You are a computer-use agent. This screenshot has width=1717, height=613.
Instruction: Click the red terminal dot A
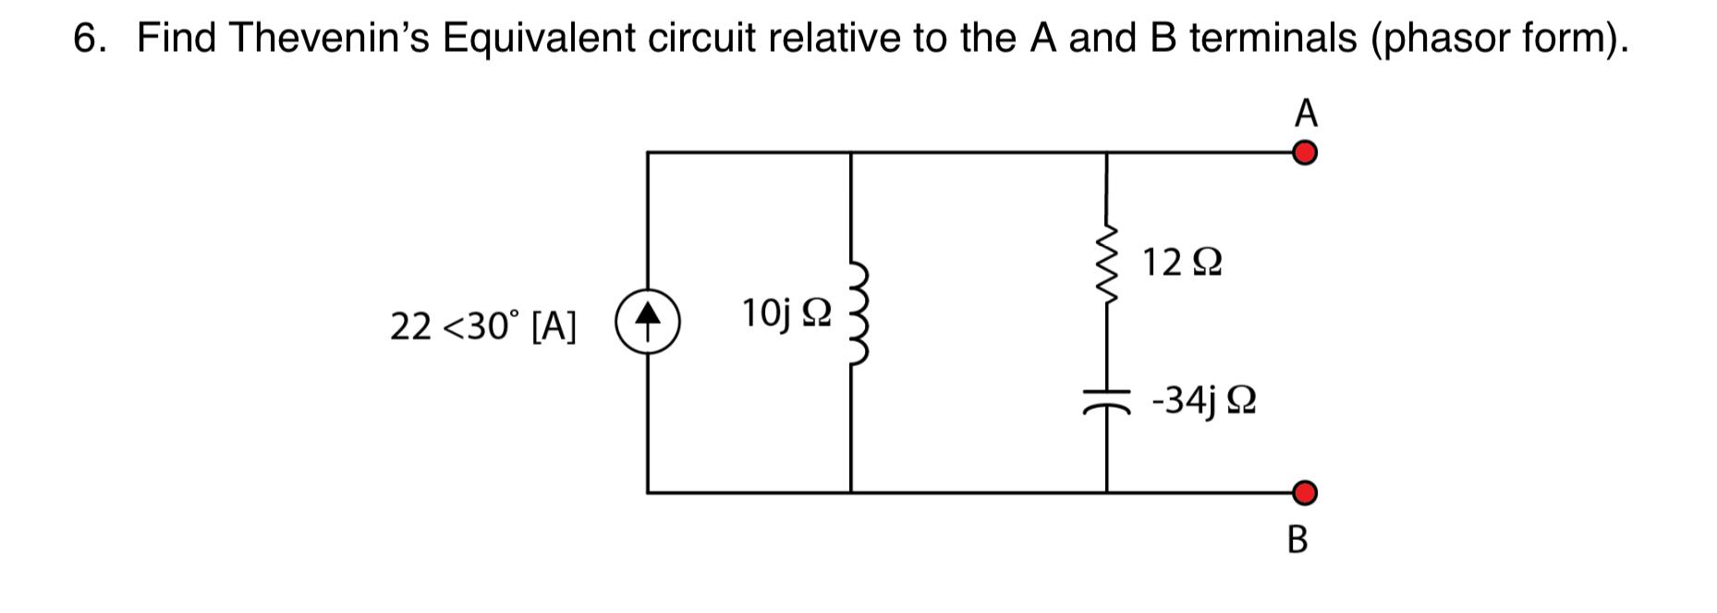point(1304,153)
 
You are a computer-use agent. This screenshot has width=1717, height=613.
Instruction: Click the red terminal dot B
point(1304,494)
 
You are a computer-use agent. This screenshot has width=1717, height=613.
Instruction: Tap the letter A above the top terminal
point(1306,113)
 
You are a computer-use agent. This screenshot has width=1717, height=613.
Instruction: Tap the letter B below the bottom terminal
point(1297,540)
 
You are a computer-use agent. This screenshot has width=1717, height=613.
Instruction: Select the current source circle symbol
point(649,321)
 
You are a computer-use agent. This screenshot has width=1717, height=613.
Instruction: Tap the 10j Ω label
point(785,314)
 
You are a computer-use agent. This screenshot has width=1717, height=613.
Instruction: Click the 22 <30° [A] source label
point(483,325)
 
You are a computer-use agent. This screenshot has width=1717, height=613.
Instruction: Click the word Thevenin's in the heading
point(329,38)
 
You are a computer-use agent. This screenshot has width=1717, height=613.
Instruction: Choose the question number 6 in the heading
point(85,38)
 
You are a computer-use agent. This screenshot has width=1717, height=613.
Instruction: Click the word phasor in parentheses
point(1449,38)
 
